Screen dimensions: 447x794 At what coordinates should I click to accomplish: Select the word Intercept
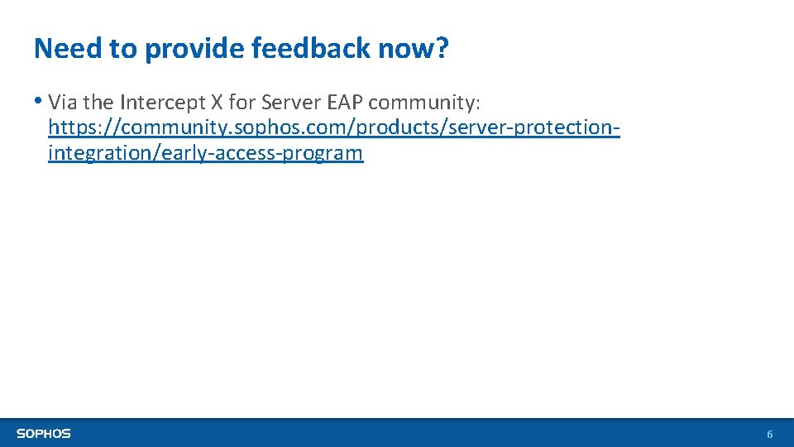click(x=156, y=103)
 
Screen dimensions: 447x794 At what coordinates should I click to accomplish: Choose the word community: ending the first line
click(x=423, y=103)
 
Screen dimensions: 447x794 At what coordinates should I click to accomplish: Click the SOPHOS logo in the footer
click(x=44, y=433)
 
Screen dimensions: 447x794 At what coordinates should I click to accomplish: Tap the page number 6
click(x=770, y=435)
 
